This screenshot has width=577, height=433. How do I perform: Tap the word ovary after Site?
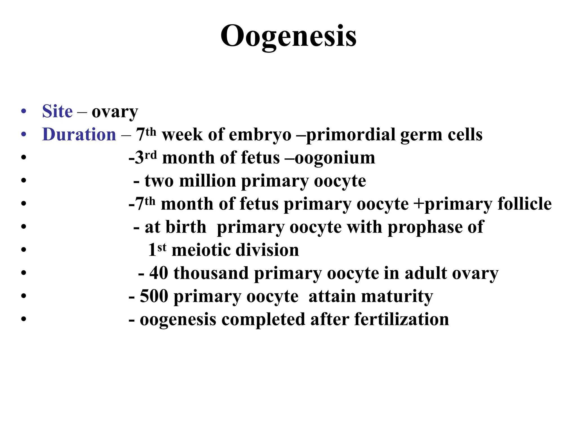click(x=115, y=112)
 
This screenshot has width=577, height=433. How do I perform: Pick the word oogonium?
click(x=335, y=158)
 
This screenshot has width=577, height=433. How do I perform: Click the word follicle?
click(x=524, y=204)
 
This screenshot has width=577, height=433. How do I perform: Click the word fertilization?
click(x=401, y=319)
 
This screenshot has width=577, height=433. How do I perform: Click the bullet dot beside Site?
click(x=24, y=111)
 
